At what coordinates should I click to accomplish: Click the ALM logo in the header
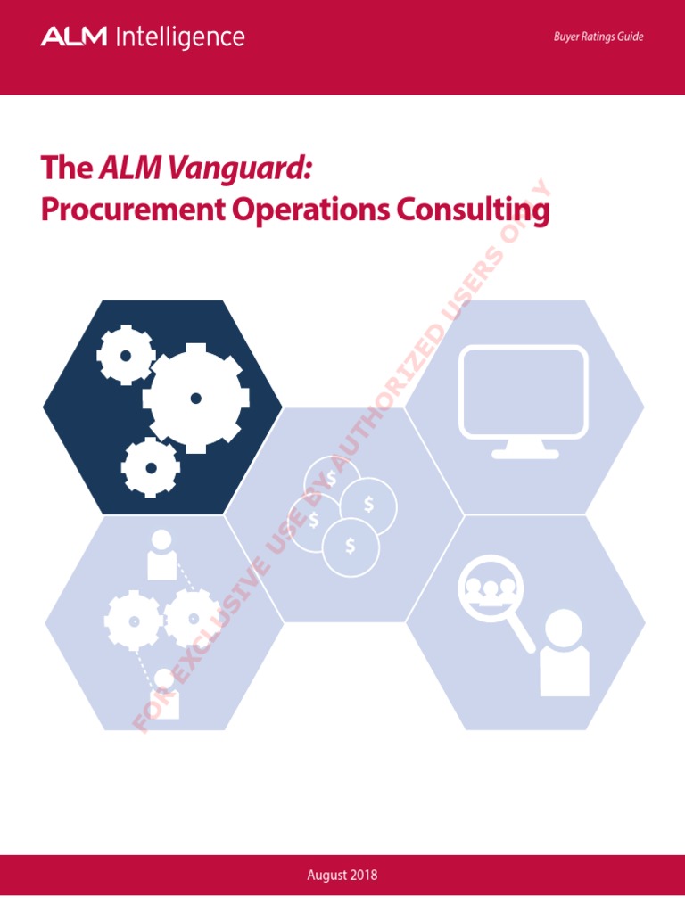pos(73,37)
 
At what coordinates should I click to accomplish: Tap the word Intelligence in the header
pos(178,37)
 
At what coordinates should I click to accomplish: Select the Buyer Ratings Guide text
pos(598,37)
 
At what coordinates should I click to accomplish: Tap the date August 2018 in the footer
pos(342,875)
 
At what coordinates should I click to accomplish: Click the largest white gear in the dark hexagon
pos(196,398)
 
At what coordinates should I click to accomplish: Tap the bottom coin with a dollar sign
pos(351,547)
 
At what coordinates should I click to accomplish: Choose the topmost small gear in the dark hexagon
pos(126,355)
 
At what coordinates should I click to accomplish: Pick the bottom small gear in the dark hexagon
pos(151,467)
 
